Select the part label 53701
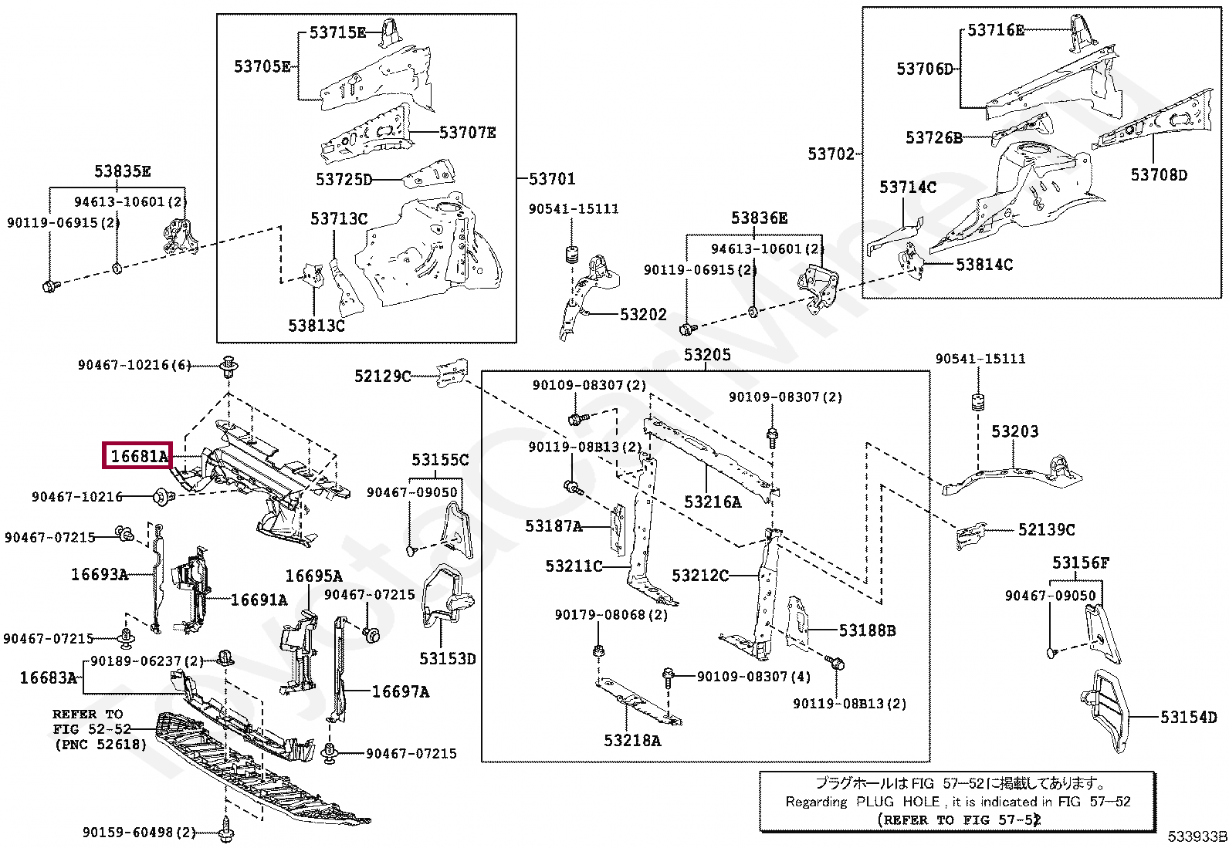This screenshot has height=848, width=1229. click(x=552, y=179)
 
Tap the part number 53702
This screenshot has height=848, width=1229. click(x=831, y=154)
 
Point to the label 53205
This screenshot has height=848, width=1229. click(x=707, y=354)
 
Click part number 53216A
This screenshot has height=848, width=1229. click(x=713, y=502)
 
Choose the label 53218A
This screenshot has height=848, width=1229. click(x=632, y=741)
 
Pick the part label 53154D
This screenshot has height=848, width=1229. click(x=1188, y=717)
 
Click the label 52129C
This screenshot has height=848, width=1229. click(x=382, y=376)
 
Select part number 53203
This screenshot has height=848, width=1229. click(x=1014, y=431)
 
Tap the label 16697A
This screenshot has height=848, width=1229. click(x=401, y=691)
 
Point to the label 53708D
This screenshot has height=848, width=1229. click(x=1159, y=175)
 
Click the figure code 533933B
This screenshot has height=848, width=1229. click(x=1197, y=836)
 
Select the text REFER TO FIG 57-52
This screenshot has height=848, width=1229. click(x=959, y=820)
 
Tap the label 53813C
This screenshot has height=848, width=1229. click(x=317, y=326)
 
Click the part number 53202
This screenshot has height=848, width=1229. click(x=643, y=314)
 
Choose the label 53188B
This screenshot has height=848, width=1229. click(x=868, y=630)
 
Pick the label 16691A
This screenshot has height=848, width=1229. click(x=259, y=600)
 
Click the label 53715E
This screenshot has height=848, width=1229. click(x=337, y=32)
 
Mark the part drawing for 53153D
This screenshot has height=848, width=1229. click(x=447, y=595)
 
